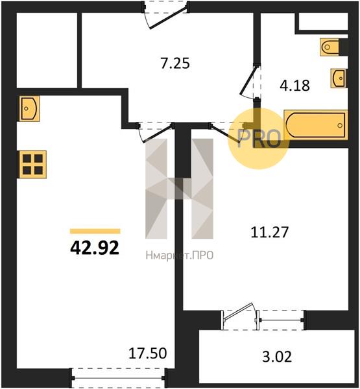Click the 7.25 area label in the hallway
pos(175,63)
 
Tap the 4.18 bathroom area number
pos(294,86)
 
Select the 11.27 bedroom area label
pos(269,232)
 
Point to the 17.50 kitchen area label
pos(148,353)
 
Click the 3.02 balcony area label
pos(277,357)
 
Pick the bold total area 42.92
pos(95,248)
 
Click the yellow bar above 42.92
pos(95,231)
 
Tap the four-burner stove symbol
pos(32,164)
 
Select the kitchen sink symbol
pos(29,109)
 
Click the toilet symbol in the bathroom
pos(330,47)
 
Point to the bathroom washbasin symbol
pos(339,78)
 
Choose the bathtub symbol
pos(315,124)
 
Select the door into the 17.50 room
pos(155,133)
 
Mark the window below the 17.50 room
pos(119,378)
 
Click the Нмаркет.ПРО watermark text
pos(180,255)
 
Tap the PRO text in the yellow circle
pos(259,139)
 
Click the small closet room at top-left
pos(47,50)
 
